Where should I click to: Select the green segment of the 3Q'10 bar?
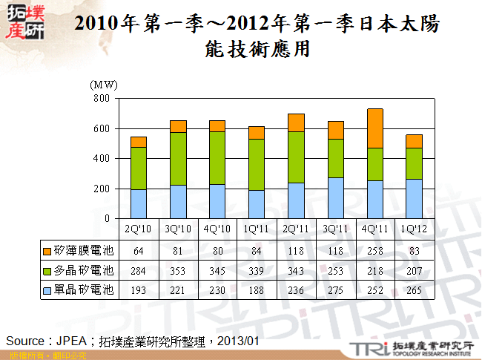178,158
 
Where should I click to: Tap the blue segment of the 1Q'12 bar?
414,198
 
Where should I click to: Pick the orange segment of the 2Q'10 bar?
139,142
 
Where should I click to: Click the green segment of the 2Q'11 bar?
296,157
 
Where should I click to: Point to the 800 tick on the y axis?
102,98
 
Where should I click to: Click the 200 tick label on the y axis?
102,189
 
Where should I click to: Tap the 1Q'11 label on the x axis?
257,228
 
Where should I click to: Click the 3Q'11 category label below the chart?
335,228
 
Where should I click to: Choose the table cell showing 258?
374,247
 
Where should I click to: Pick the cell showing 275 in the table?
335,289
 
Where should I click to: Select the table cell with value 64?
139,247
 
